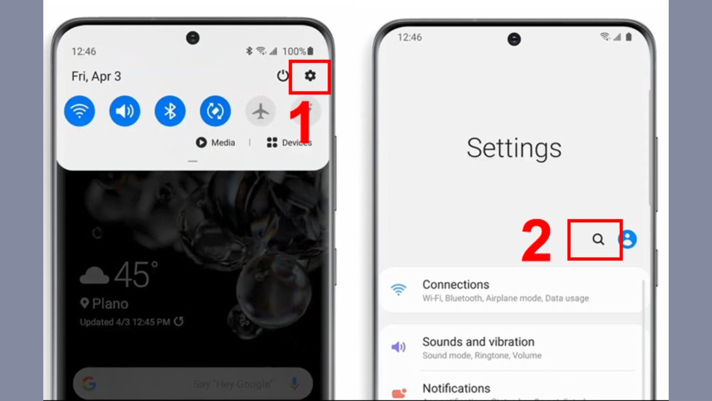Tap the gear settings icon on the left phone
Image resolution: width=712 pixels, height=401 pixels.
310,75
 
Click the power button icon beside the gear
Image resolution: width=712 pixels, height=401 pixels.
283,76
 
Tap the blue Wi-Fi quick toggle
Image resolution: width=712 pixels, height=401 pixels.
80,111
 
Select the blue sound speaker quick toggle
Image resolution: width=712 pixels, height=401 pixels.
125,111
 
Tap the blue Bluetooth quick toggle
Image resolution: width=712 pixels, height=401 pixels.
170,111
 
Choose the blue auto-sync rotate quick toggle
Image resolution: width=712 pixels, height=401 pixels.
215,111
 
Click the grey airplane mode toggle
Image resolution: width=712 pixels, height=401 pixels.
260,111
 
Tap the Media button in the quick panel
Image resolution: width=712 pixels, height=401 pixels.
216,143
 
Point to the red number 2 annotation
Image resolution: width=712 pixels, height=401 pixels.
536,241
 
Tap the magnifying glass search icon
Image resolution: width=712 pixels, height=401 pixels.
598,239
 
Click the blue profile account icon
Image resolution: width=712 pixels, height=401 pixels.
627,239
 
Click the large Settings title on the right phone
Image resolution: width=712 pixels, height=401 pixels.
514,148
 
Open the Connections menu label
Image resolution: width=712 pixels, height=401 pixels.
456,285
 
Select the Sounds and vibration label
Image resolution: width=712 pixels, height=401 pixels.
478,342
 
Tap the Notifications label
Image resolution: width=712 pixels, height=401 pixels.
456,389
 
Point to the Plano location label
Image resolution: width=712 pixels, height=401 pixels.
104,304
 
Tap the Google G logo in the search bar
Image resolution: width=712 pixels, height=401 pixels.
89,384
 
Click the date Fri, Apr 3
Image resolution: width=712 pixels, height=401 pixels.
96,76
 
